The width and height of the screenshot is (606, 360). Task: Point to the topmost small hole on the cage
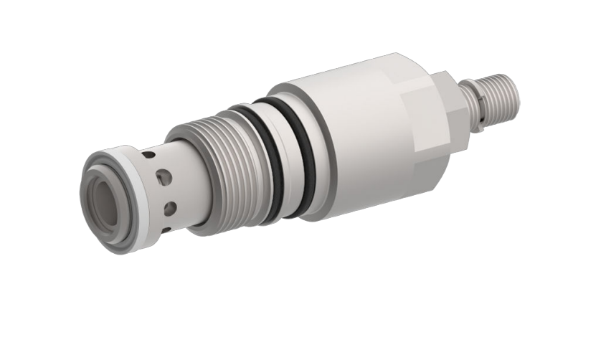148,154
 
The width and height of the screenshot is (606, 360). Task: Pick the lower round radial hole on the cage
170,208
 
